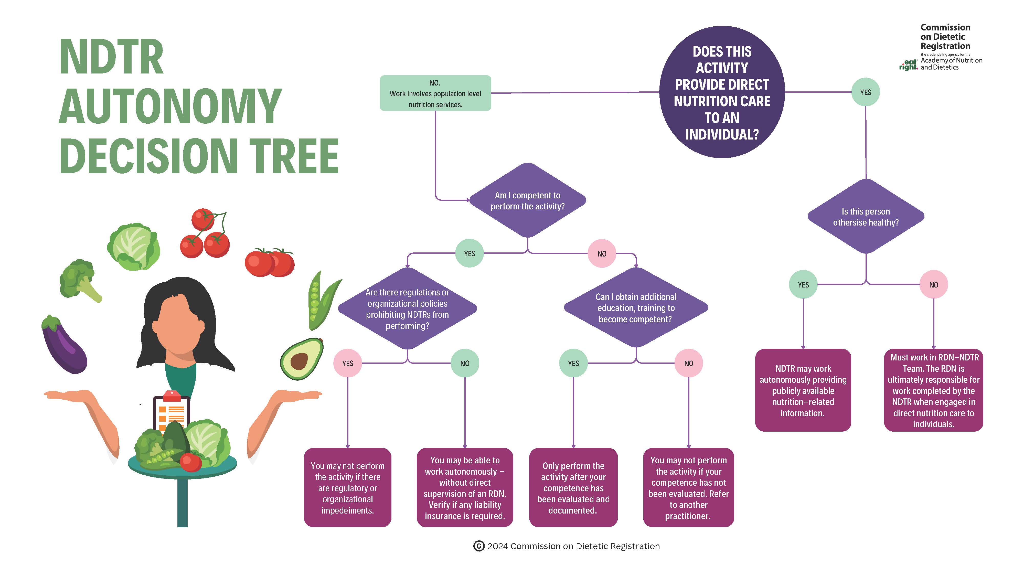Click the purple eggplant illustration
pyautogui.click(x=63, y=345)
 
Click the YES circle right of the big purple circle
pyautogui.click(x=865, y=92)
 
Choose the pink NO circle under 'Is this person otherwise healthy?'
pyautogui.click(x=933, y=285)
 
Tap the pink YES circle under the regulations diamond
pyautogui.click(x=347, y=363)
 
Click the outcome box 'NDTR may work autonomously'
pyautogui.click(x=803, y=390)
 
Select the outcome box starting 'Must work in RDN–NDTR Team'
pyautogui.click(x=933, y=390)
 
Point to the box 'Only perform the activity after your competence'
pyautogui.click(x=573, y=488)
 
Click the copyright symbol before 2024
pyautogui.click(x=479, y=546)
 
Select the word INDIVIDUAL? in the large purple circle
pyautogui.click(x=722, y=135)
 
